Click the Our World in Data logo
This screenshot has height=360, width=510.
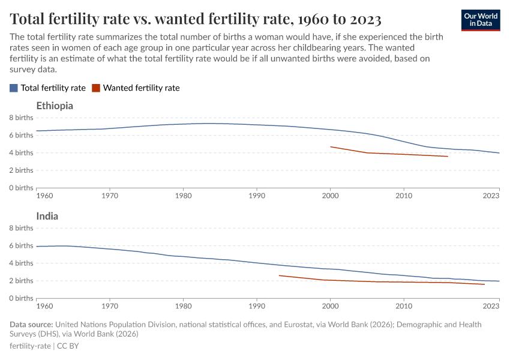[480, 19]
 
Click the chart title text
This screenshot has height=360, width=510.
[196, 19]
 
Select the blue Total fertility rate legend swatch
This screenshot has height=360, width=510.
[14, 88]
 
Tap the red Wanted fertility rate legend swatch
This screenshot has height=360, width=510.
[96, 88]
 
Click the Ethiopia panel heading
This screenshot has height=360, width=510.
[55, 106]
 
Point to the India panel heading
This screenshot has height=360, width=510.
[47, 216]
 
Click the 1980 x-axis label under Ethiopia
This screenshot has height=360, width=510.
[183, 196]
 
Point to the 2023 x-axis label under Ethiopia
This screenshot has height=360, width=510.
[491, 196]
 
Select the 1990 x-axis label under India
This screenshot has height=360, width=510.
[257, 306]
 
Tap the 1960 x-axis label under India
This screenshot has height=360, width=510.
[44, 306]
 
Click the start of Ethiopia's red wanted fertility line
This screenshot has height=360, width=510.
[331, 146]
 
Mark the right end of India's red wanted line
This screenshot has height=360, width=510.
[484, 284]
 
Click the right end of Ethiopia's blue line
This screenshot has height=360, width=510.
[499, 153]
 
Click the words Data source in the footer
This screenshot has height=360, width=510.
[31, 325]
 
